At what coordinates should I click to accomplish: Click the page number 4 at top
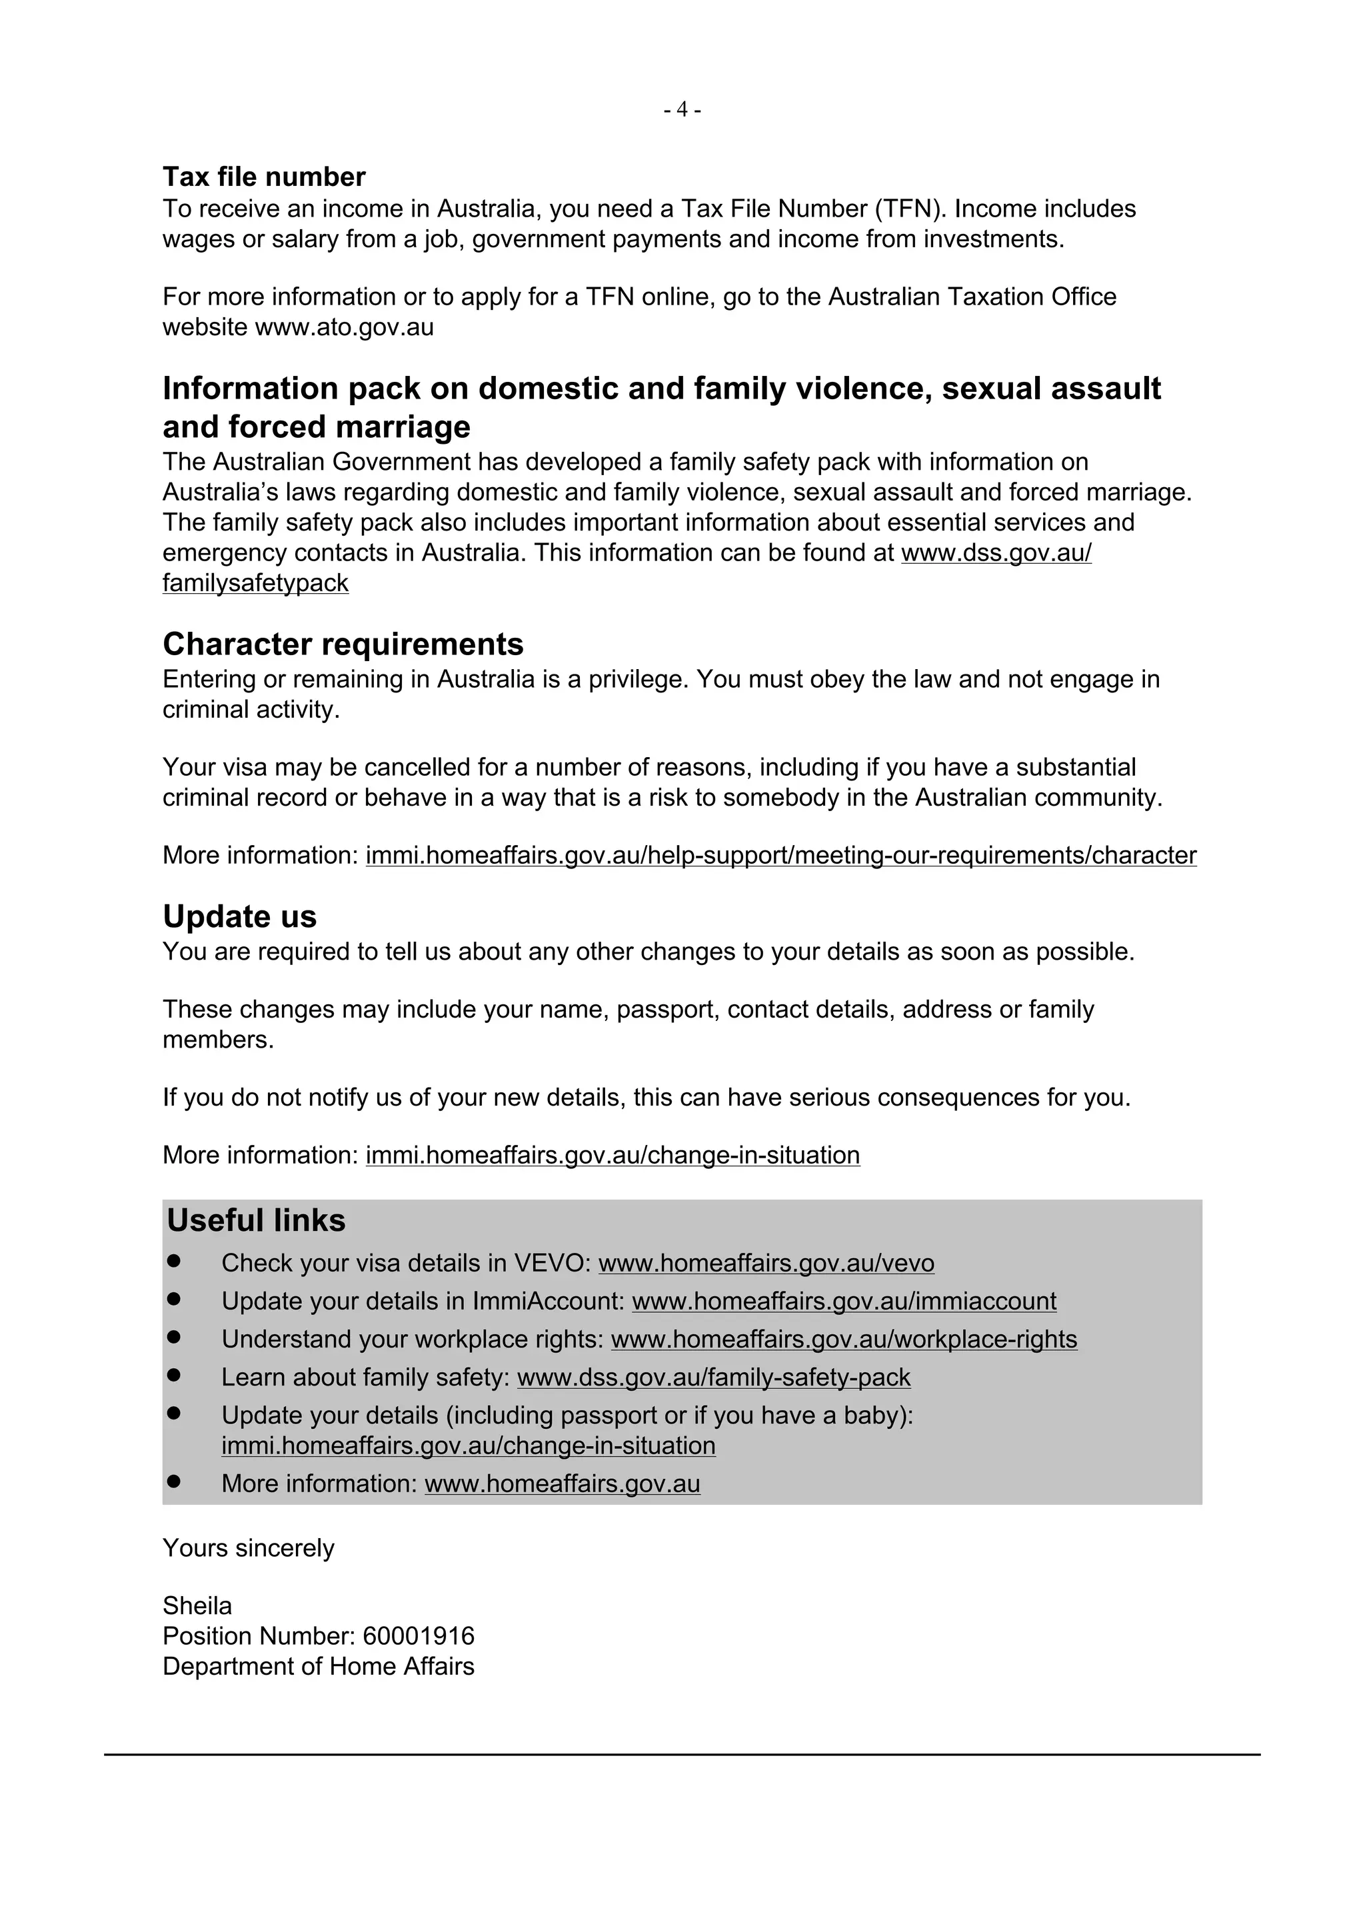tap(682, 110)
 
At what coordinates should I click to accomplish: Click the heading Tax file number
tap(264, 177)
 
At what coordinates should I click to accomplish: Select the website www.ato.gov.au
tap(344, 327)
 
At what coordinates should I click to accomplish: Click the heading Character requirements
tap(343, 644)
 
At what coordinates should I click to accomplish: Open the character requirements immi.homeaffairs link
tap(781, 856)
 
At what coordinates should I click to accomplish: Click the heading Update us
tap(239, 916)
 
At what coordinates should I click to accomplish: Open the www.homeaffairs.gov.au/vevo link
tap(766, 1264)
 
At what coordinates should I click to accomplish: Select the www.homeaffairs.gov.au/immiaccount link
tap(844, 1302)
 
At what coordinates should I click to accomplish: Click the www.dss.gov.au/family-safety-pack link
tap(714, 1377)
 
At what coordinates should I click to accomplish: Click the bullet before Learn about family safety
tap(174, 1376)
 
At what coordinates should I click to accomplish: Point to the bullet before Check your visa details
tap(174, 1261)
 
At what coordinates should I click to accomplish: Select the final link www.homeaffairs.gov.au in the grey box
tap(563, 1483)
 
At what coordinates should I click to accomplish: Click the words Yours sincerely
tap(248, 1548)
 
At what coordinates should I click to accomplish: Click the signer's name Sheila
tap(197, 1606)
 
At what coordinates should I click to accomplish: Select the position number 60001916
tap(419, 1637)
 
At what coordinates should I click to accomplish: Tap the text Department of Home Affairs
tap(318, 1667)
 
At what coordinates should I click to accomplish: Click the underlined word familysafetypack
tap(255, 583)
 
